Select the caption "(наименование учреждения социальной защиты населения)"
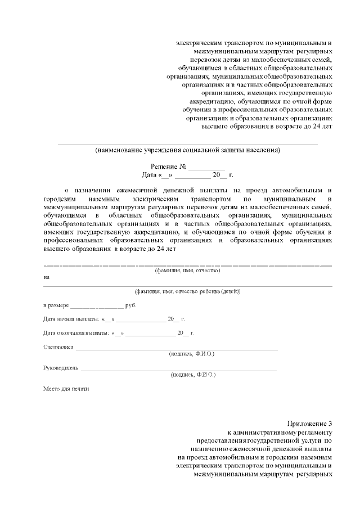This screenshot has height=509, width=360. (188, 150)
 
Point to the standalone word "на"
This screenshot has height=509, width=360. (46, 277)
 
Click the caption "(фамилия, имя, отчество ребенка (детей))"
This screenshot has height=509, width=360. (187, 291)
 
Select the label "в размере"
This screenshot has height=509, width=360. (56, 305)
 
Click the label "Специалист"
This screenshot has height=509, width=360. (58, 347)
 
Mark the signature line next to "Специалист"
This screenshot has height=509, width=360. (177, 349)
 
